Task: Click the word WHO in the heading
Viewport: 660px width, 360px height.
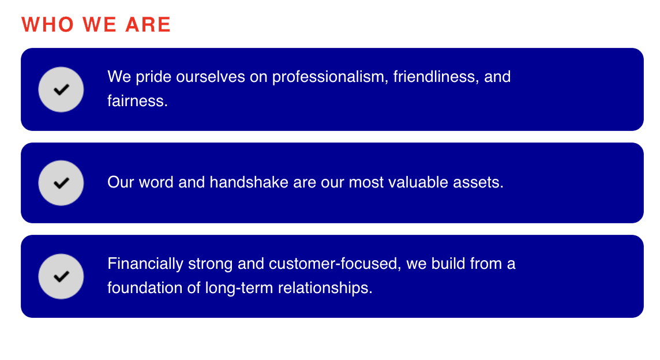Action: pyautogui.click(x=48, y=24)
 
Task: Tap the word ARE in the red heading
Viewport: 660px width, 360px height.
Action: pyautogui.click(x=148, y=24)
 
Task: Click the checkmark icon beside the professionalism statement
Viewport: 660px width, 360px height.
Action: pyautogui.click(x=61, y=89)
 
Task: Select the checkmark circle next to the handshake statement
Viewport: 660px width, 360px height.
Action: pyautogui.click(x=61, y=183)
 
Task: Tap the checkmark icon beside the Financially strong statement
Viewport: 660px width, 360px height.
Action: pyautogui.click(x=61, y=276)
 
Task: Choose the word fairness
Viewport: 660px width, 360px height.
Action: pyautogui.click(x=137, y=101)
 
